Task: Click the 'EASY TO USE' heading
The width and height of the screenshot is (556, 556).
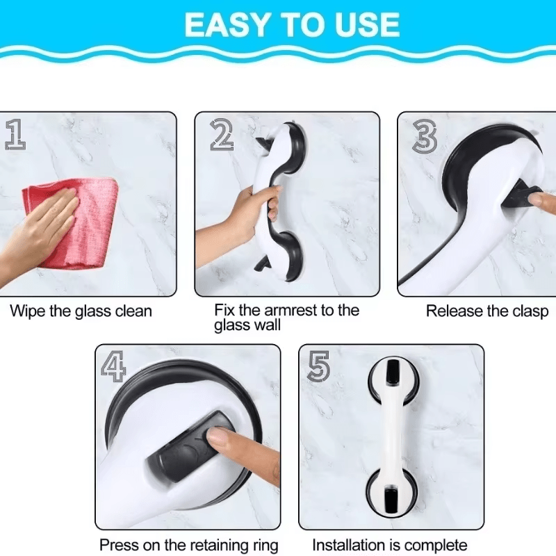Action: click(x=292, y=25)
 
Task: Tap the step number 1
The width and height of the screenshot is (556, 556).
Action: click(x=15, y=134)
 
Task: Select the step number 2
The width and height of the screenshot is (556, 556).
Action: click(x=222, y=134)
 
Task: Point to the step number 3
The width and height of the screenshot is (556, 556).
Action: click(x=425, y=136)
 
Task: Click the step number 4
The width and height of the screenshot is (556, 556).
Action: click(x=113, y=367)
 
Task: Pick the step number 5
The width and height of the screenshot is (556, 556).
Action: click(x=318, y=367)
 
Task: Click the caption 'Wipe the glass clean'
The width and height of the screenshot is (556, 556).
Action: click(x=81, y=311)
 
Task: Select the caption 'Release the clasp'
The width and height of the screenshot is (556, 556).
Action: click(x=487, y=311)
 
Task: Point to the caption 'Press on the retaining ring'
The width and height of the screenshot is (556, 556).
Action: click(x=188, y=545)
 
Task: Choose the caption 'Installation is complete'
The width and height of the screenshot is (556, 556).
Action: click(x=390, y=545)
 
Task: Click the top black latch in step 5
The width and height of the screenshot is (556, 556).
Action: click(x=393, y=371)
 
